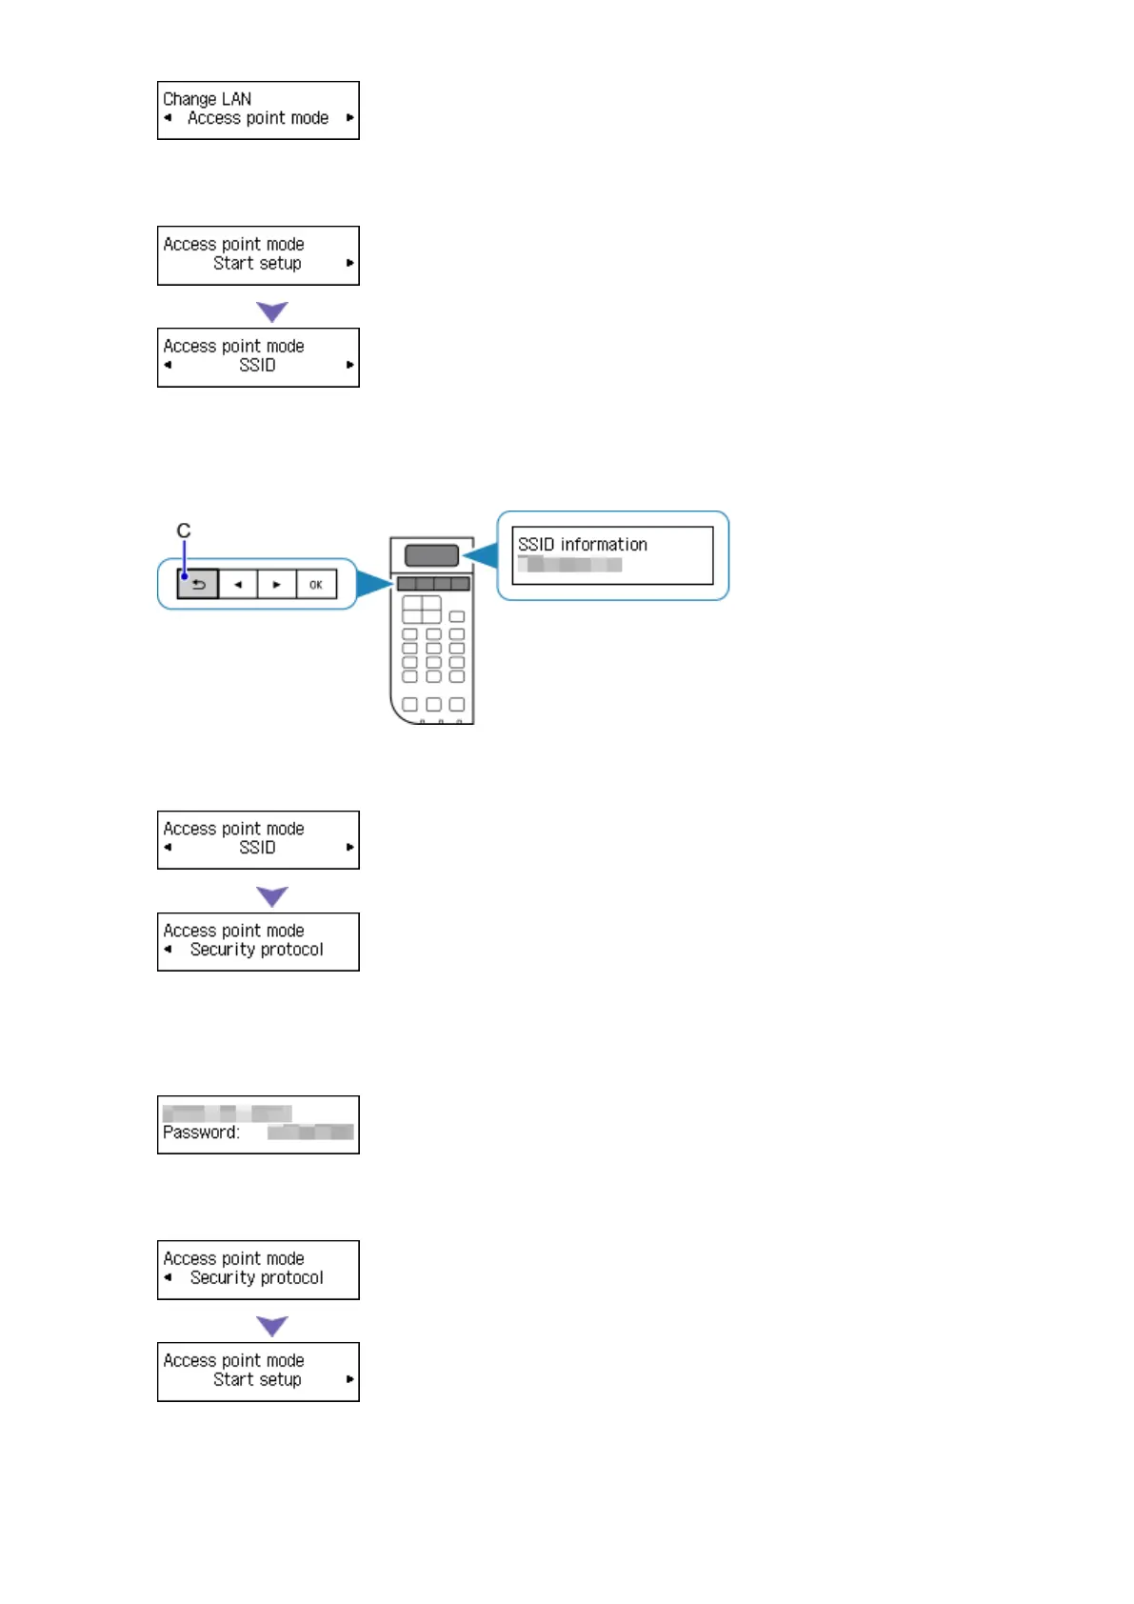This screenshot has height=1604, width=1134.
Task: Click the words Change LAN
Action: point(207,99)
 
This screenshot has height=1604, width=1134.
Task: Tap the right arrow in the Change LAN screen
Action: point(349,118)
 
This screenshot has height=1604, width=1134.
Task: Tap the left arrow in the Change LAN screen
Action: point(168,118)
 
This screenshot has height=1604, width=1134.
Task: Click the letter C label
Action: point(184,531)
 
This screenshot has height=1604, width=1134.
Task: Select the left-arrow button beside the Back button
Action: point(238,585)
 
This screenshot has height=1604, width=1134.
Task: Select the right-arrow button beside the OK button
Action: point(276,585)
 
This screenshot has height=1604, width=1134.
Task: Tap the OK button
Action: point(316,585)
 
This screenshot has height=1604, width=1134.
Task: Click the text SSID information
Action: point(582,545)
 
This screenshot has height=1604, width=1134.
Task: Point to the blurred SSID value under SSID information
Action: point(569,565)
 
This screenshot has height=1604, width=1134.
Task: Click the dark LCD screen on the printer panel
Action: point(431,555)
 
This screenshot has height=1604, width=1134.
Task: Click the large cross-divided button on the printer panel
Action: point(421,610)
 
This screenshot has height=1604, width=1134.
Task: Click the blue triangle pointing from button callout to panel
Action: point(373,583)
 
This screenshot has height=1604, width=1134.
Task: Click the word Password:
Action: point(201,1133)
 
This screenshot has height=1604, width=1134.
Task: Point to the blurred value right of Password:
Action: point(310,1133)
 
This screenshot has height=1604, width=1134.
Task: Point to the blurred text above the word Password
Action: point(227,1113)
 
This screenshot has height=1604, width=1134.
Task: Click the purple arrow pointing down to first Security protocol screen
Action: point(272,896)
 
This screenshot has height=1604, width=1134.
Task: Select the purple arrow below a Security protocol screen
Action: point(272,1326)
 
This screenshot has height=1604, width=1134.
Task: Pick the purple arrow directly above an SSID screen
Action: point(272,311)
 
